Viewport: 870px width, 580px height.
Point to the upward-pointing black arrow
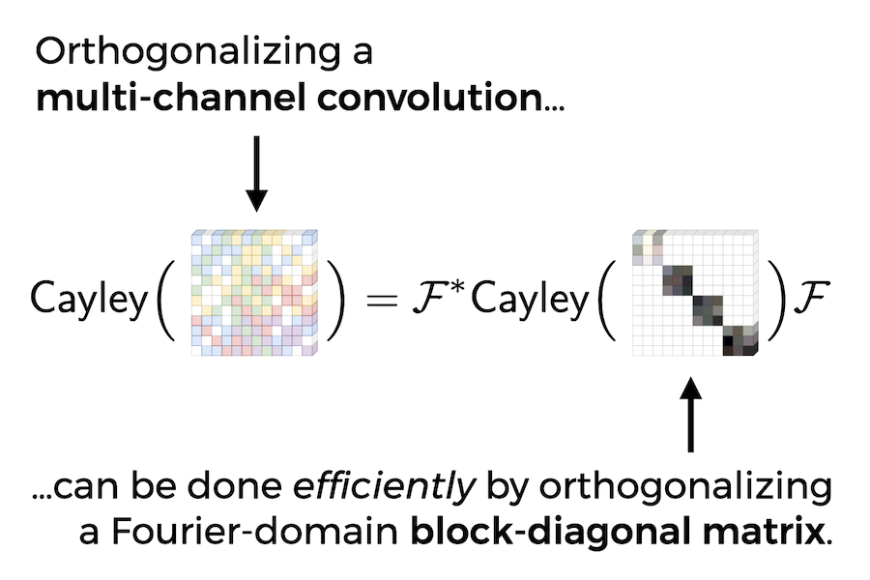click(690, 416)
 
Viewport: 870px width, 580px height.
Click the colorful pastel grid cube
click(254, 292)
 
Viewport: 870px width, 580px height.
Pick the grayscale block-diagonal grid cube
click(693, 292)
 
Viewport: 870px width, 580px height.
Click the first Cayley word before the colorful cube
click(89, 300)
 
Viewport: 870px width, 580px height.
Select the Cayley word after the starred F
click(530, 300)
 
